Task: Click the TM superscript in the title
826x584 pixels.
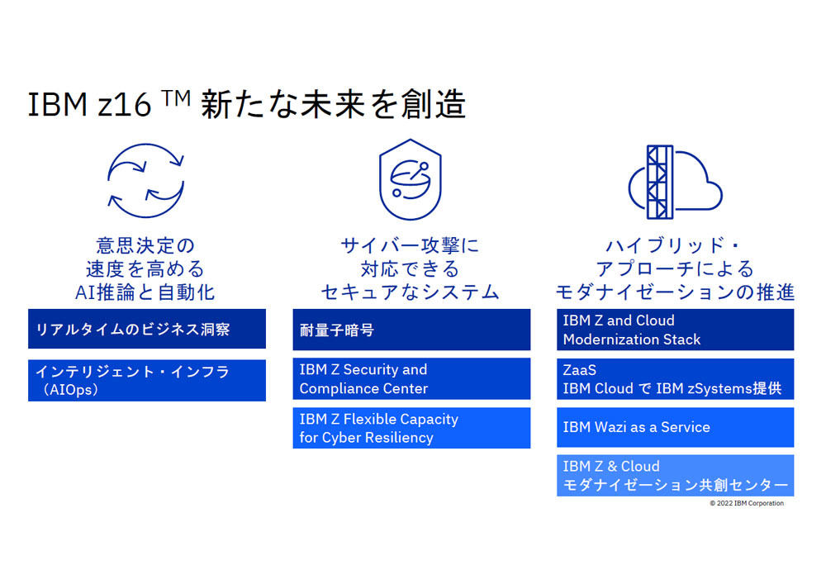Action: point(176,98)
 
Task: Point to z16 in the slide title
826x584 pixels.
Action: point(125,104)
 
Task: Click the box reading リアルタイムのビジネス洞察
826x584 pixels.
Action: point(147,329)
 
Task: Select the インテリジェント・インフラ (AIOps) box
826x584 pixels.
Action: point(147,380)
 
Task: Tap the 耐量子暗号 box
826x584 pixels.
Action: point(411,330)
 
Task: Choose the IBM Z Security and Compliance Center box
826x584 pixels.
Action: point(411,378)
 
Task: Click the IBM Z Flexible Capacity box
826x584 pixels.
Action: point(411,428)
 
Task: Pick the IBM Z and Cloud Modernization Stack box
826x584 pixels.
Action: point(676,330)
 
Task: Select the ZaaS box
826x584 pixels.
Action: point(676,378)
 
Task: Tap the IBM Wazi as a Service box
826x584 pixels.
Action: point(676,427)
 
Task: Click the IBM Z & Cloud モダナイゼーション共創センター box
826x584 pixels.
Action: point(676,476)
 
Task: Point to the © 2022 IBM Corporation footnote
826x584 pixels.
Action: point(747,503)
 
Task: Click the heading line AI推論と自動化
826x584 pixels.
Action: point(145,292)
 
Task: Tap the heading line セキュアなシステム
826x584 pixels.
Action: point(411,292)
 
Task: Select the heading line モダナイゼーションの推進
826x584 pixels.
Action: point(676,292)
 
